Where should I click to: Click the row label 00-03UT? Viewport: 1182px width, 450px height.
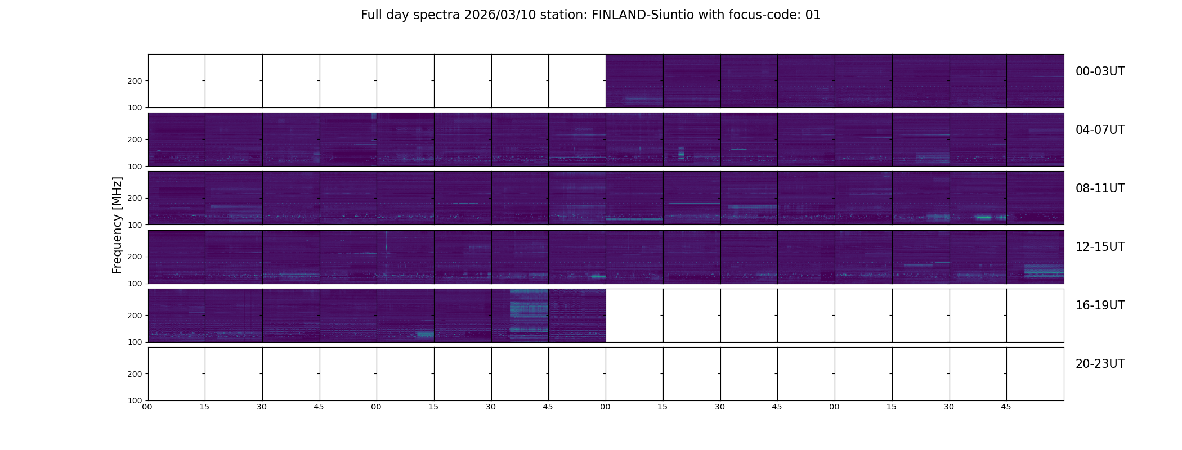1100,71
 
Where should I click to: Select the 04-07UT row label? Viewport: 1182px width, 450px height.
1100,130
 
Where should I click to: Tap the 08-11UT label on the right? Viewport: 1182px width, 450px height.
1100,188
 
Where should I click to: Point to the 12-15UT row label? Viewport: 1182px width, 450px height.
1100,247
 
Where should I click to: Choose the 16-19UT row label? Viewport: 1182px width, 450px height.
1100,305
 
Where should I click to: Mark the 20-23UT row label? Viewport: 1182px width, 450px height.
1100,364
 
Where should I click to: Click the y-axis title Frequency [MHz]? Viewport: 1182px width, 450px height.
117,225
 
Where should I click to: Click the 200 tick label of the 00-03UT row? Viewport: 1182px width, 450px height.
135,81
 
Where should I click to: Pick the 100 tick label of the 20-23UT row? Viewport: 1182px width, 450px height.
135,400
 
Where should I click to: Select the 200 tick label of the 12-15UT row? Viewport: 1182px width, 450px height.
135,256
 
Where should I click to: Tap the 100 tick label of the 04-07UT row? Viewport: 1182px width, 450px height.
135,166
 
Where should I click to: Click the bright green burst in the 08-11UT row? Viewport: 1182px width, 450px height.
984,217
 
